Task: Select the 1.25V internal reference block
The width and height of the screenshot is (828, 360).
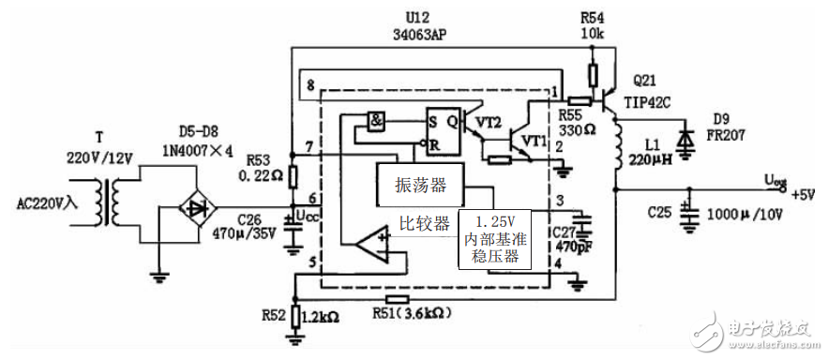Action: click(495, 240)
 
